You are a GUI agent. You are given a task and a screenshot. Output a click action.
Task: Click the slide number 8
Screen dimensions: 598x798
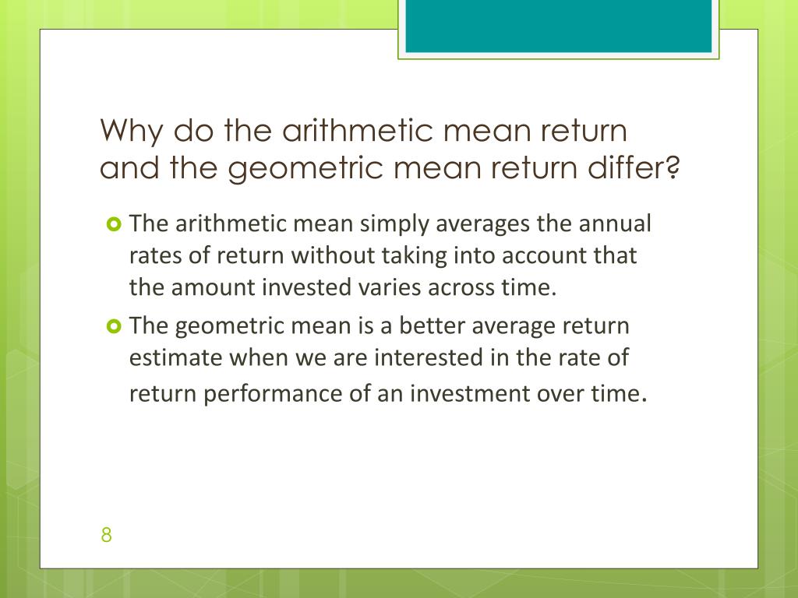tap(107, 535)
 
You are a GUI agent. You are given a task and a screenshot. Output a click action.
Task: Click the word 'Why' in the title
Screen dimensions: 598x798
tap(132, 131)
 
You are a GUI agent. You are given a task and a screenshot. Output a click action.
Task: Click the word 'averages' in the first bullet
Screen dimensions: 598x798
tap(479, 224)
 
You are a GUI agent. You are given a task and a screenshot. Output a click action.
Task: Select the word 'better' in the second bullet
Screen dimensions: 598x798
tap(429, 325)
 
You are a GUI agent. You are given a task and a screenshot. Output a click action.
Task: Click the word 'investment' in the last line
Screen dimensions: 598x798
tap(463, 394)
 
